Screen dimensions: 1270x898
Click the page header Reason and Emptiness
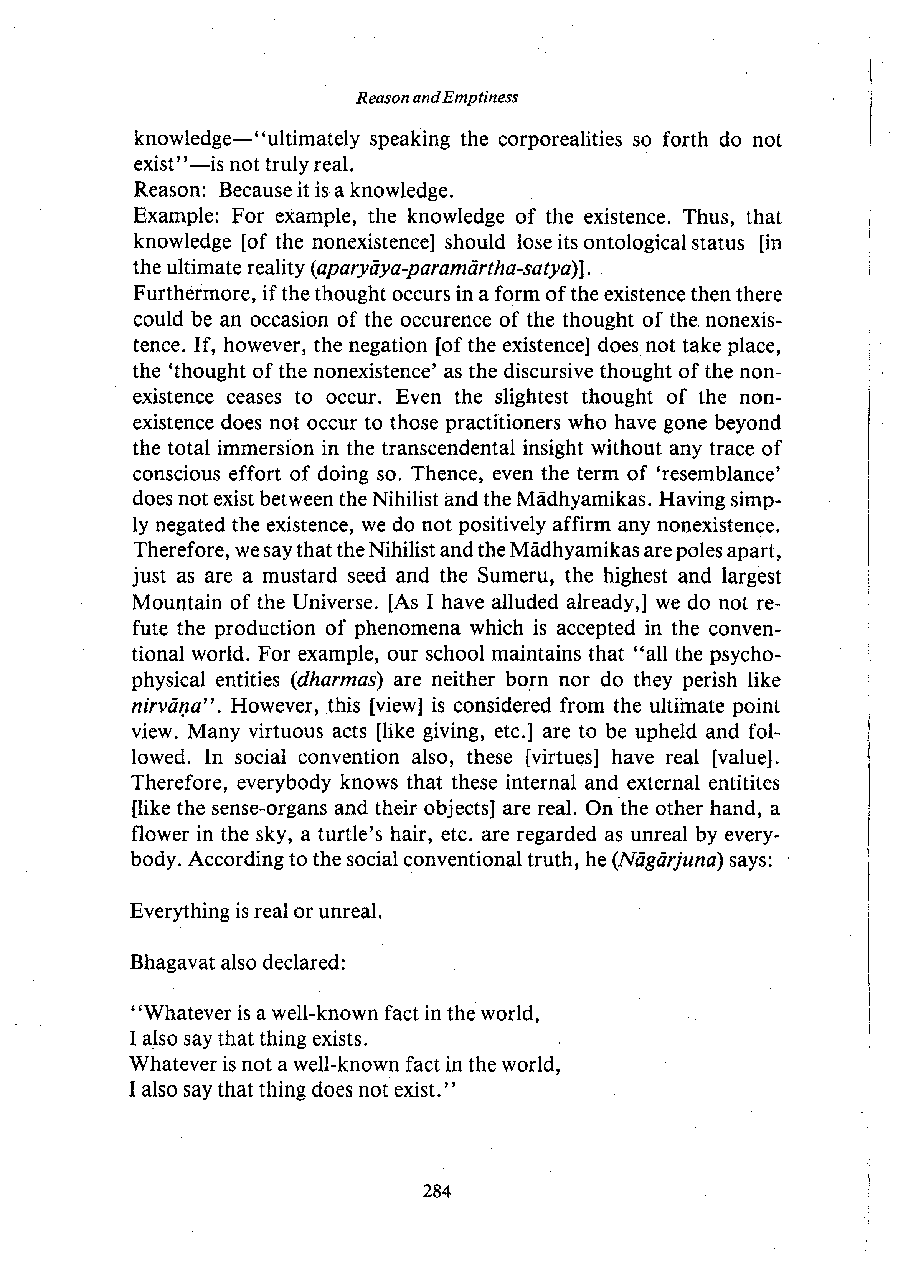click(437, 98)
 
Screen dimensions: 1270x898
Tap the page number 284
click(437, 1191)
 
